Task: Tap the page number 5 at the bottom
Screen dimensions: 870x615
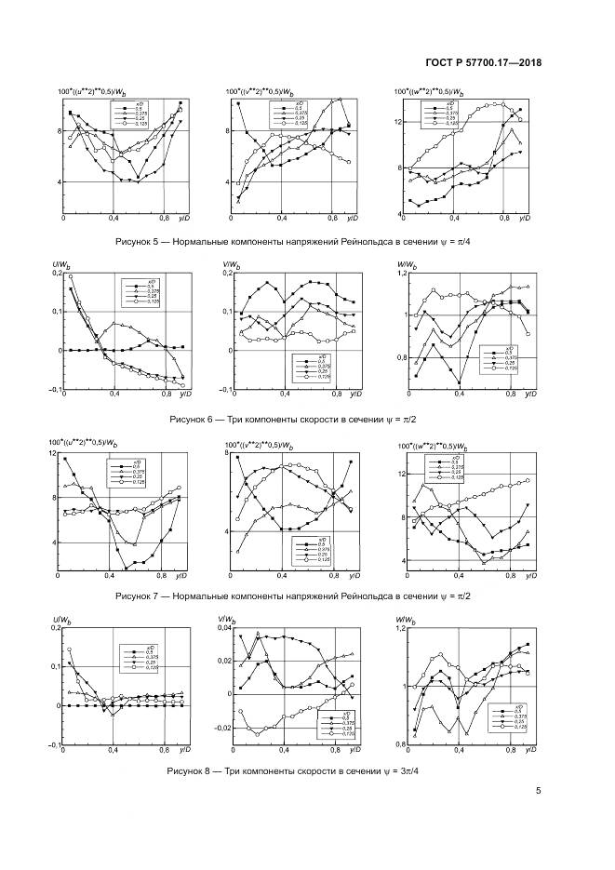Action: pyautogui.click(x=539, y=791)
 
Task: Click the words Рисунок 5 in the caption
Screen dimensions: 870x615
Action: pyautogui.click(x=138, y=240)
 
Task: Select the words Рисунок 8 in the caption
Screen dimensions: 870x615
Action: pyautogui.click(x=190, y=772)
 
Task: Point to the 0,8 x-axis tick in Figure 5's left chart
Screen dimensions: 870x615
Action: pyautogui.click(x=163, y=218)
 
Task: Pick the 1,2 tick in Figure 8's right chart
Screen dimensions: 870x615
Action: pyautogui.click(x=402, y=629)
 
